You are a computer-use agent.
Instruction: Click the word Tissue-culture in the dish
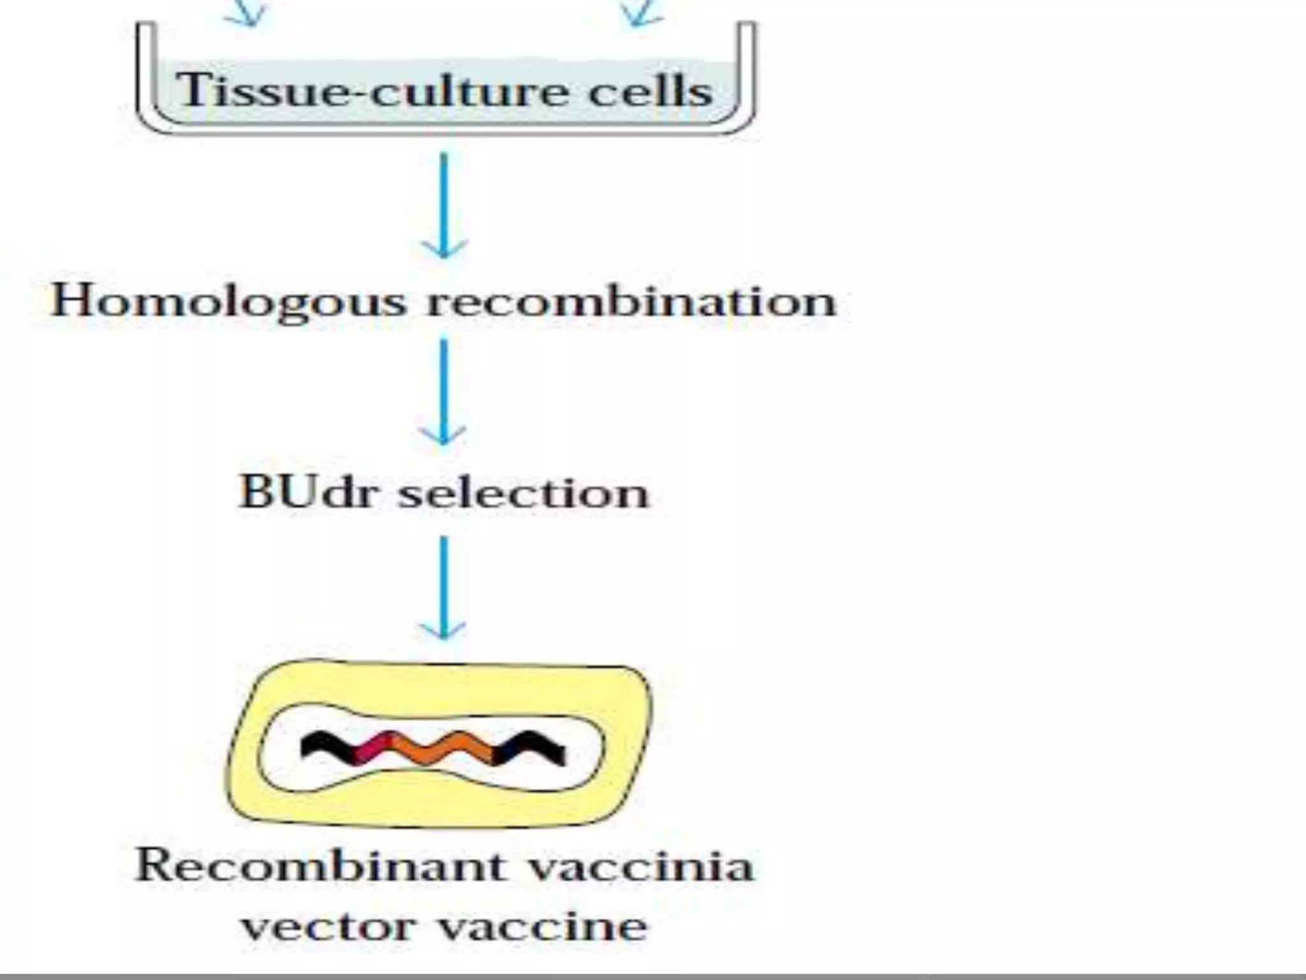pos(371,91)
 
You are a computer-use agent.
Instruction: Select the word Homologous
pos(228,301)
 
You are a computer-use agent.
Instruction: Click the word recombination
pos(631,301)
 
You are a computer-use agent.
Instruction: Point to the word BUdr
pos(307,492)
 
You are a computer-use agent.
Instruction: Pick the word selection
pos(524,493)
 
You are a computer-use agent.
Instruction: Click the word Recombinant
pos(319,866)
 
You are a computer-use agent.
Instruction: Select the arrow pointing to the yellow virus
pos(443,587)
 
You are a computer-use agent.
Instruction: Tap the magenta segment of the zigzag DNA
pos(372,748)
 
